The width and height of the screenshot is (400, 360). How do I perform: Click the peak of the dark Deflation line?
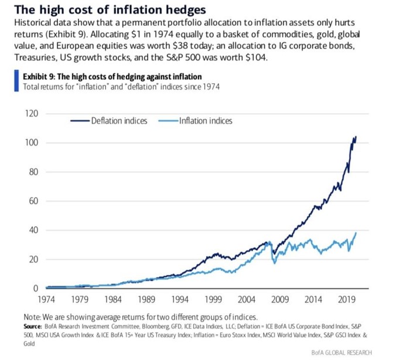tap(355, 137)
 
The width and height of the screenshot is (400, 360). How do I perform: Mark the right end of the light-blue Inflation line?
tap(356, 233)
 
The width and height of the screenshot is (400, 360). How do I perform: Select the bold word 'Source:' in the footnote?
tap(32, 325)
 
